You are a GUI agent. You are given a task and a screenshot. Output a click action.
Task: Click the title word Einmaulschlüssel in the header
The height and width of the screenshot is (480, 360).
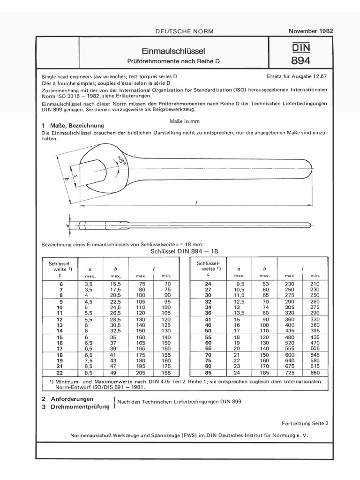click(x=173, y=51)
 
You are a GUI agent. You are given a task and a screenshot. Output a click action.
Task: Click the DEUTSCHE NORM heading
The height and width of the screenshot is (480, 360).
click(x=184, y=31)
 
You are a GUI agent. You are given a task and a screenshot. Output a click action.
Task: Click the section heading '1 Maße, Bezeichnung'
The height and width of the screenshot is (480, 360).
click(x=73, y=126)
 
